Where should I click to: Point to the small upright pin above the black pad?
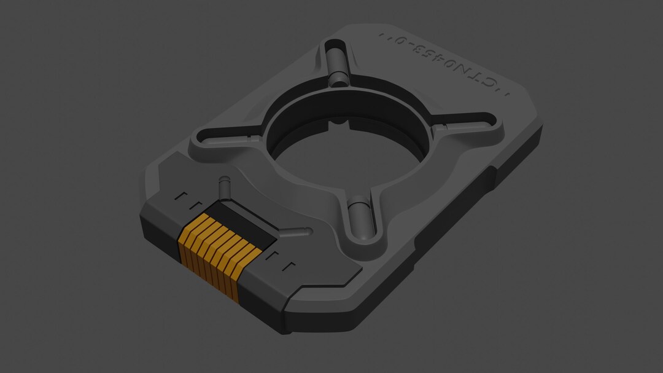224,186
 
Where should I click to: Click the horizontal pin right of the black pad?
296,233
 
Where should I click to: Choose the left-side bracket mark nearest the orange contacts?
196,204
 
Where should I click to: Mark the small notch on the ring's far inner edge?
339,122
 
